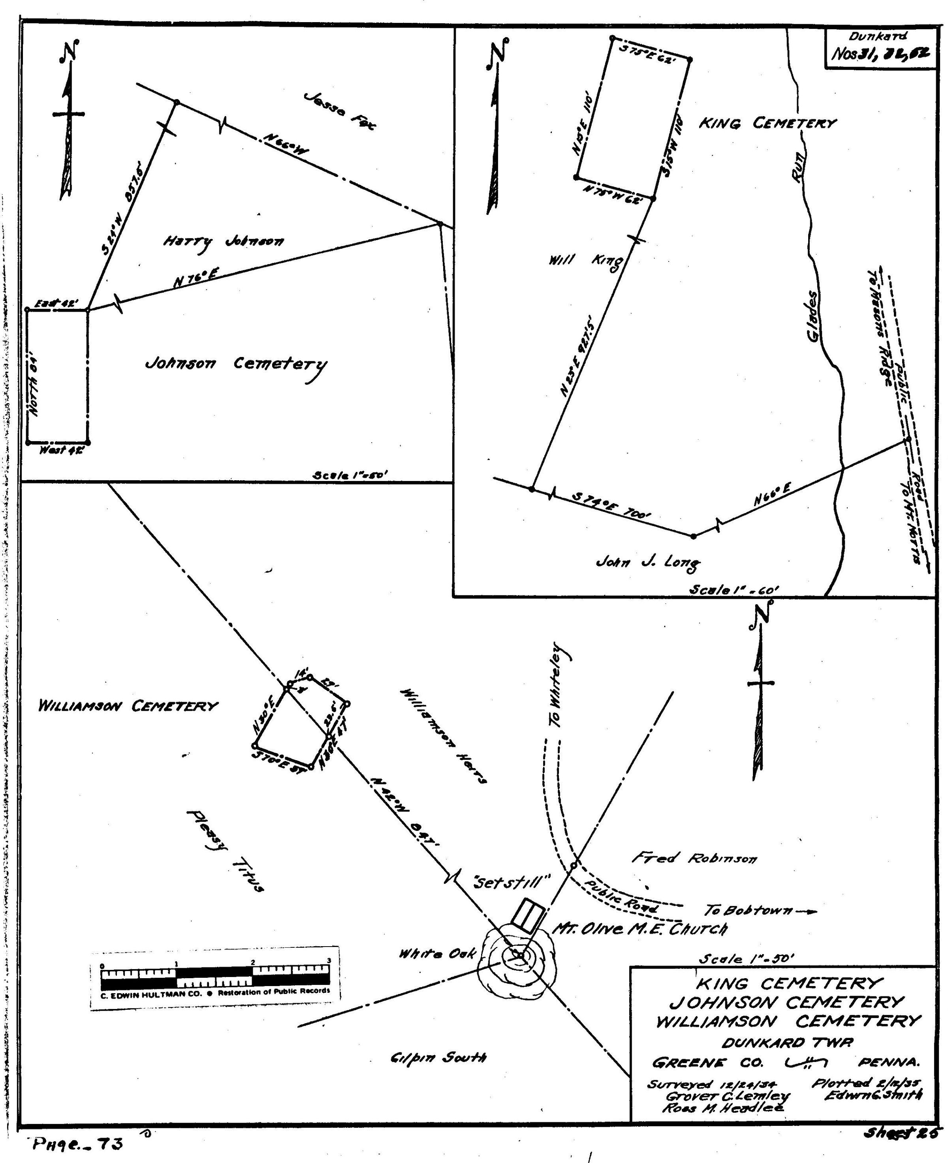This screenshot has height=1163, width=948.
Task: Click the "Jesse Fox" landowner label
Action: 340,111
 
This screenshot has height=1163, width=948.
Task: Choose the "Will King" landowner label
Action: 585,262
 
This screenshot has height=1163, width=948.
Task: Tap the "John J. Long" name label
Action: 648,562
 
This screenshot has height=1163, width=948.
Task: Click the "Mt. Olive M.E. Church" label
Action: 640,929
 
